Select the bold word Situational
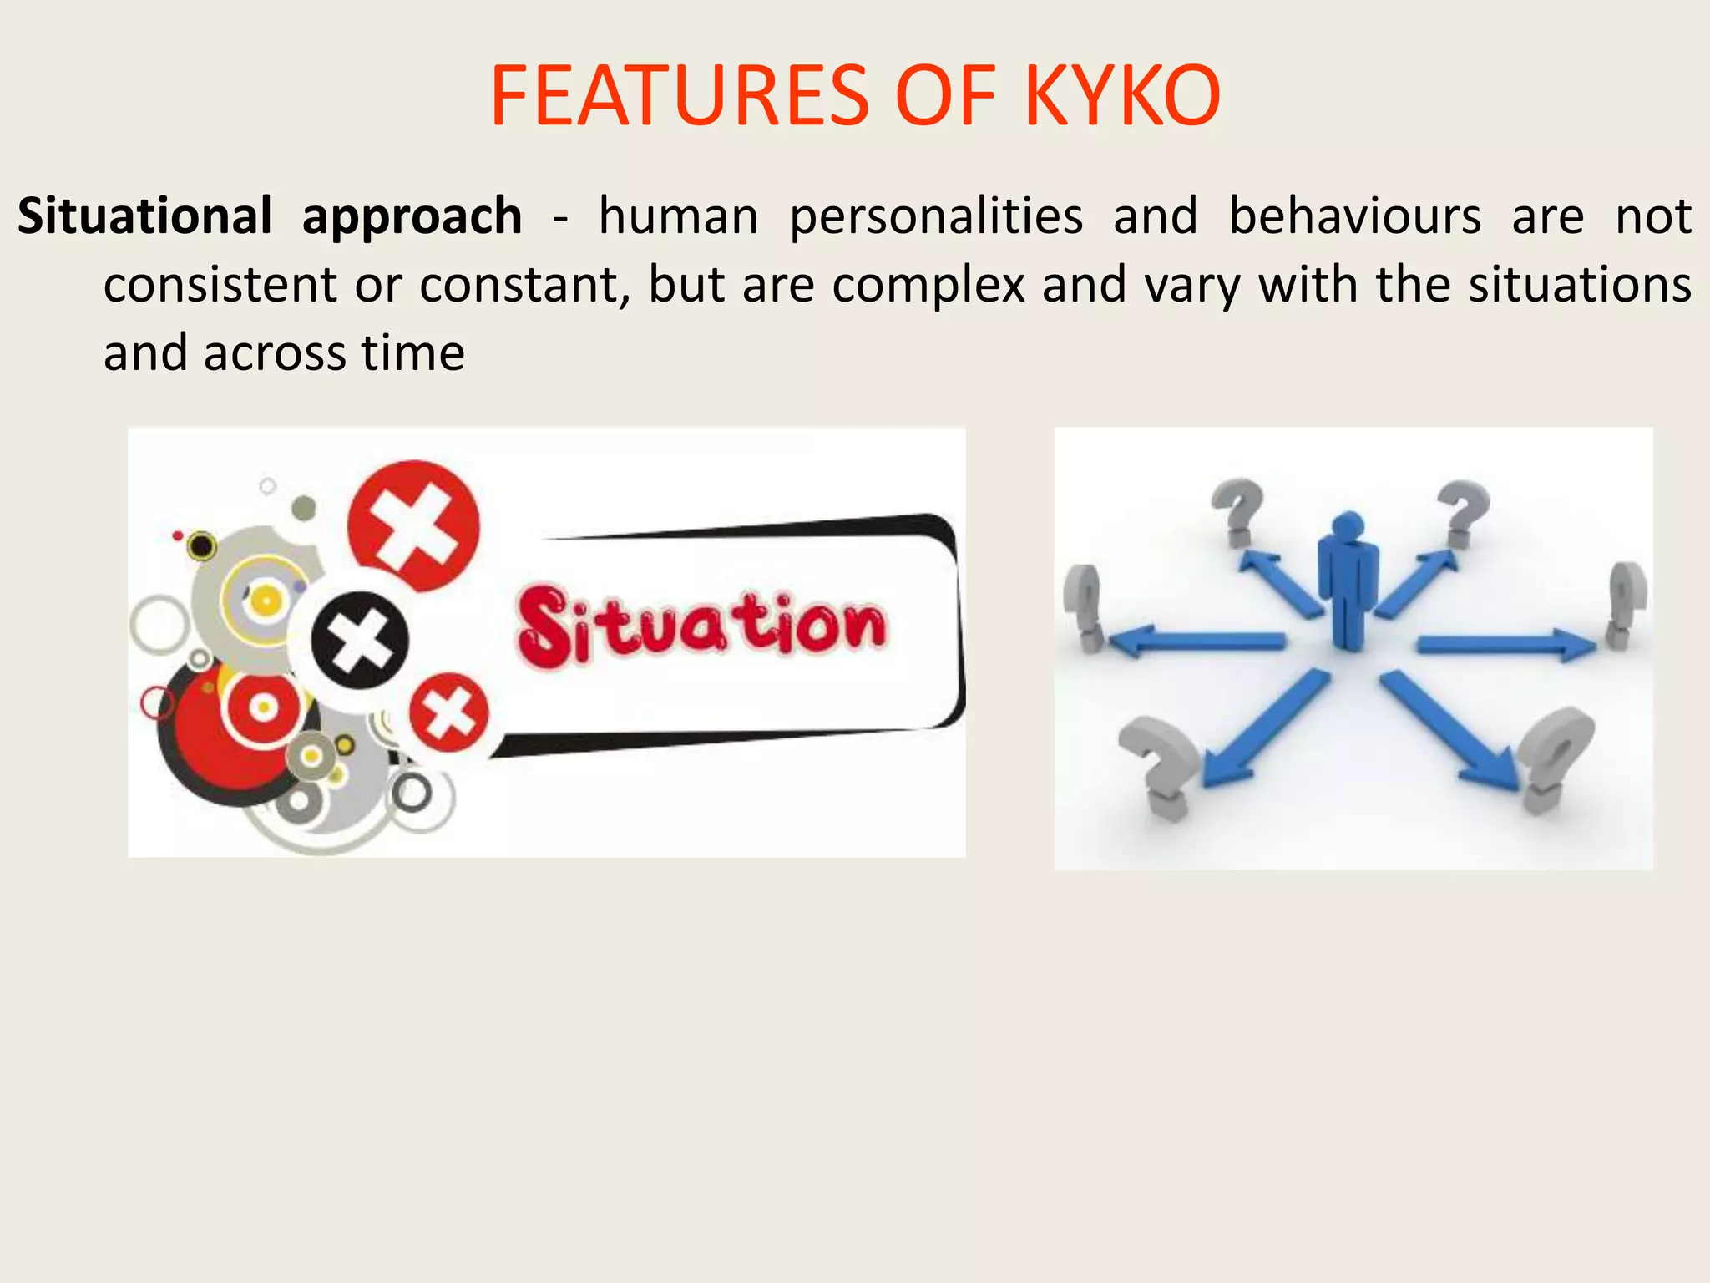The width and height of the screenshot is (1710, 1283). (x=144, y=216)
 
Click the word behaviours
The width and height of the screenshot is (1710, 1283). (x=1354, y=216)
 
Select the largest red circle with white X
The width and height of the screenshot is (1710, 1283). (x=414, y=526)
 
